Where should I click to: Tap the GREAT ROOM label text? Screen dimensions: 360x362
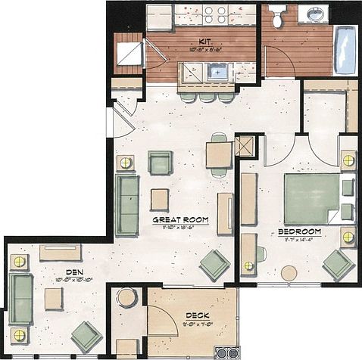pyautogui.click(x=180, y=221)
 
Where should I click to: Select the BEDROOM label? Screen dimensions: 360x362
pyautogui.click(x=300, y=231)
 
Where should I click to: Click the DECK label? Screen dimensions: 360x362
pyautogui.click(x=198, y=315)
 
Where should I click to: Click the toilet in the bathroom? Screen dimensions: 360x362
pyautogui.click(x=277, y=17)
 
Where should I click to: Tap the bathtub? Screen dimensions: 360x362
pyautogui.click(x=345, y=49)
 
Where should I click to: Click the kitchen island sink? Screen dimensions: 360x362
pyautogui.click(x=220, y=73)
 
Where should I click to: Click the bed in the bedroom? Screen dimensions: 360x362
pyautogui.click(x=311, y=199)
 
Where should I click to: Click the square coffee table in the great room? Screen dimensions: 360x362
pyautogui.click(x=159, y=199)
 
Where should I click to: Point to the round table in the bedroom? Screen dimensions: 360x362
pyautogui.click(x=289, y=273)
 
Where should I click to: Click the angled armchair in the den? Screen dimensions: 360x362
pyautogui.click(x=86, y=336)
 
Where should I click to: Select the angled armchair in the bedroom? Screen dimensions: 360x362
pyautogui.click(x=337, y=265)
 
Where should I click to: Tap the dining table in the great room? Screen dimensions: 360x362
pyautogui.click(x=219, y=155)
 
